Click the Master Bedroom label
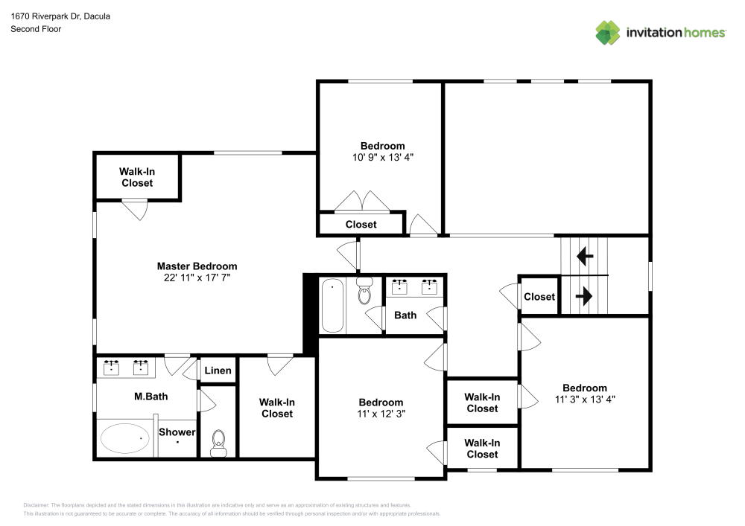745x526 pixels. coord(197,266)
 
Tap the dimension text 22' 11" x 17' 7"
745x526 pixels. coord(197,278)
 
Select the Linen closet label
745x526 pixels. coord(218,371)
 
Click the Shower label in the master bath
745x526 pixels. coord(177,432)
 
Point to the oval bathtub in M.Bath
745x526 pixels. coord(124,439)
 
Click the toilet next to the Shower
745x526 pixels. coord(218,443)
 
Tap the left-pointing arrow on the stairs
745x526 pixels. coord(585,257)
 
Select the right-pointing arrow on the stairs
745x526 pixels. coord(585,296)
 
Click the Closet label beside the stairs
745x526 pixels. coord(539,297)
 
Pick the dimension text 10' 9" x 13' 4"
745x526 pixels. coord(382,157)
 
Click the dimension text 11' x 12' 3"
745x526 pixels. coord(382,414)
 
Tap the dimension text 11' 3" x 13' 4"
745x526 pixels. coord(584,399)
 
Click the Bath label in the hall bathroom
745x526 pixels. coord(405,315)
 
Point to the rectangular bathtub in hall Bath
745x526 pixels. coord(333,306)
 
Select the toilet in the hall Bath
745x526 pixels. coord(364,292)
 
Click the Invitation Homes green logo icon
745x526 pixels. coord(608,33)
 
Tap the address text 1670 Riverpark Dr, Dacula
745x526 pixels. coord(60,16)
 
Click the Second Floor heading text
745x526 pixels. coord(36,29)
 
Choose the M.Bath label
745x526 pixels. coord(150,397)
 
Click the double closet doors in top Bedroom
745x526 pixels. coord(361,202)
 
